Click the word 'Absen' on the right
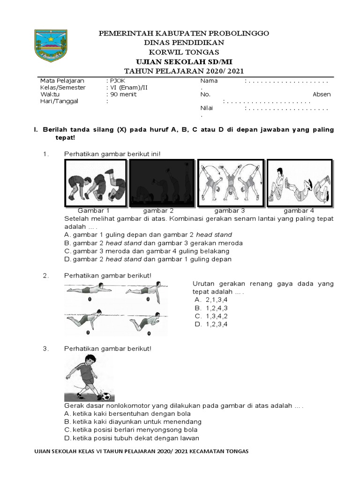coord(322,94)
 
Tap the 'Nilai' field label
coord(206,108)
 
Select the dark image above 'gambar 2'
coord(162,182)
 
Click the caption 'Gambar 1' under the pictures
coord(93,211)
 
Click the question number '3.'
coord(45,348)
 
